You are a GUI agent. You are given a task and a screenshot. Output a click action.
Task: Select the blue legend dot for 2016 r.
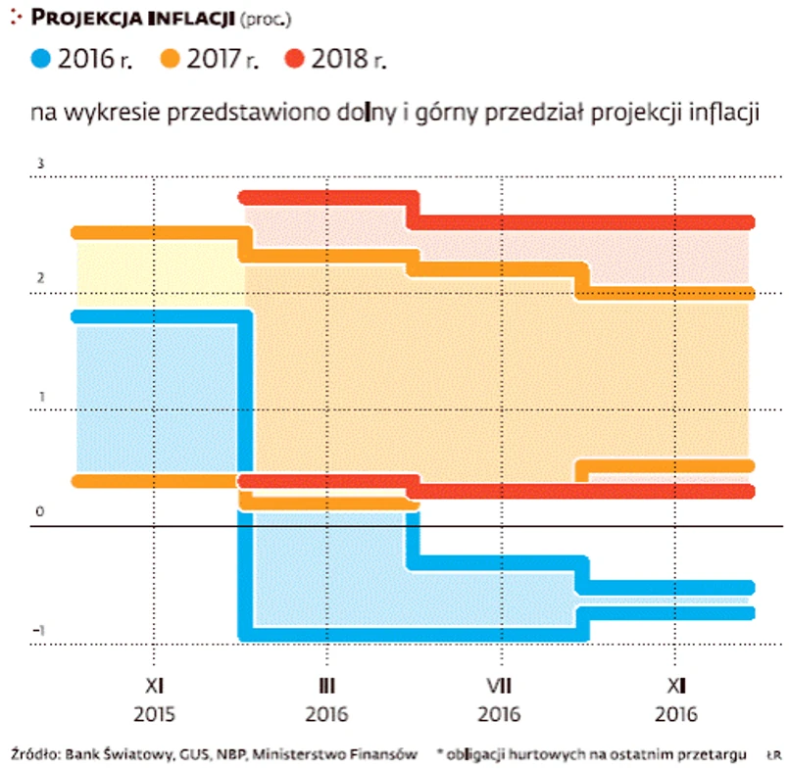[x=43, y=60]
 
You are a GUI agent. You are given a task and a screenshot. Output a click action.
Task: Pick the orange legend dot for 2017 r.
[x=171, y=60]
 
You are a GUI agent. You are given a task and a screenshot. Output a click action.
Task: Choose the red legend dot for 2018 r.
[x=297, y=60]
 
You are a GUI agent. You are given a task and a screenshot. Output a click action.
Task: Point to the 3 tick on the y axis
[x=40, y=163]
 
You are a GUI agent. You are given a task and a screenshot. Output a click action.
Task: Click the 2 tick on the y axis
[x=40, y=277]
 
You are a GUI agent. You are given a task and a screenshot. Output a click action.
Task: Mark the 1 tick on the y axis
[x=40, y=396]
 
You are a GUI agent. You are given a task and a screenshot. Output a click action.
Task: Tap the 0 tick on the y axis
[x=40, y=512]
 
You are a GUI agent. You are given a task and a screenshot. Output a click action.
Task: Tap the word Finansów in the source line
[x=388, y=754]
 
